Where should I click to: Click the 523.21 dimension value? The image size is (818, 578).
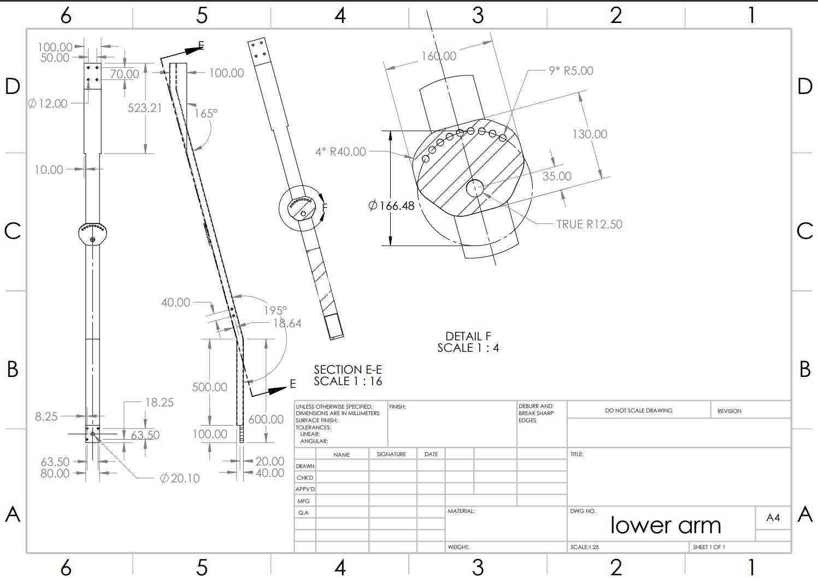pyautogui.click(x=145, y=108)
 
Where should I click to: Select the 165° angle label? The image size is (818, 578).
pyautogui.click(x=205, y=113)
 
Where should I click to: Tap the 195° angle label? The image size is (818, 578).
pyautogui.click(x=275, y=310)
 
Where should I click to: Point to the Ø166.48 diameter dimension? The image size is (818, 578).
pyautogui.click(x=391, y=206)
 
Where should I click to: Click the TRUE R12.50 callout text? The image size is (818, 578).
pyautogui.click(x=590, y=224)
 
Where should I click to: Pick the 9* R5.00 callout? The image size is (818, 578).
pyautogui.click(x=571, y=70)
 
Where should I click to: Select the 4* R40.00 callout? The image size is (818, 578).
pyautogui.click(x=340, y=151)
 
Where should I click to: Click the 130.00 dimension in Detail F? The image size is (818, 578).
pyautogui.click(x=590, y=134)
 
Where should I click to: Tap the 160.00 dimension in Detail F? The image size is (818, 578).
pyautogui.click(x=439, y=56)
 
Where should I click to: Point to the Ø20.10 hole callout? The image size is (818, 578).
pyautogui.click(x=180, y=479)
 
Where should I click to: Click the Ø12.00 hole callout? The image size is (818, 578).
pyautogui.click(x=48, y=104)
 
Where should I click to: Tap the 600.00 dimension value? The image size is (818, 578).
pyautogui.click(x=266, y=419)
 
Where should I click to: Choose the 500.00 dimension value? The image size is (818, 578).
pyautogui.click(x=210, y=387)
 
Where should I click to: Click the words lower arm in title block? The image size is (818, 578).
pyautogui.click(x=666, y=525)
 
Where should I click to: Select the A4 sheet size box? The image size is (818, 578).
pyautogui.click(x=773, y=517)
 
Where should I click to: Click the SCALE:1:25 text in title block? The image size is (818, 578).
pyautogui.click(x=585, y=547)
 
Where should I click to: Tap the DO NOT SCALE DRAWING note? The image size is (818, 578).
pyautogui.click(x=639, y=410)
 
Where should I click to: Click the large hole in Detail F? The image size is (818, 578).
pyautogui.click(x=475, y=188)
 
